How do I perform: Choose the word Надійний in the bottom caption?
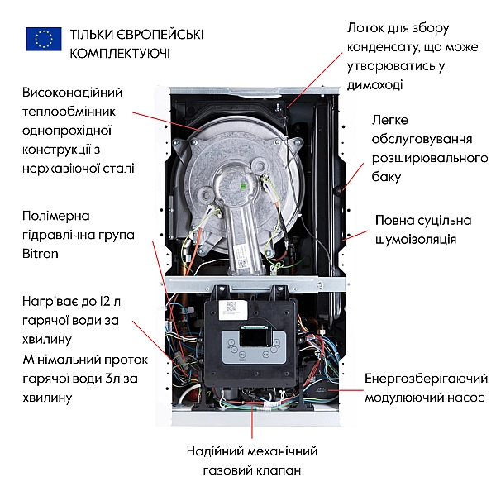pos(216,451)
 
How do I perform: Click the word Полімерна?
pos(56,216)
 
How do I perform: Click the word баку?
pos(387,177)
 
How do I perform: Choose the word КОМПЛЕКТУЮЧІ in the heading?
pos(121,53)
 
